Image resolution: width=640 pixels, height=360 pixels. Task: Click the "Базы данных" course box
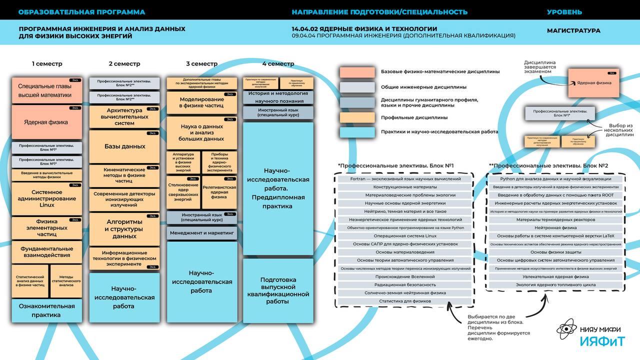[x=124, y=146]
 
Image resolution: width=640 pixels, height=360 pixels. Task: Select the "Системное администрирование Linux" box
[x=46, y=198]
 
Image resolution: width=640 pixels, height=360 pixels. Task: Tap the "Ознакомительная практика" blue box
[x=46, y=310]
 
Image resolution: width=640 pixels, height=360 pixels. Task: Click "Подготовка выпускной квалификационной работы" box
[x=278, y=290]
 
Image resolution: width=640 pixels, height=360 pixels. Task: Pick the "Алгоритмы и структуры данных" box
[x=124, y=229]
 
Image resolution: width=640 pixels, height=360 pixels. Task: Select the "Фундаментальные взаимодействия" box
[x=46, y=252]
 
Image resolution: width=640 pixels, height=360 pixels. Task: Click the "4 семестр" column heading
[x=278, y=64]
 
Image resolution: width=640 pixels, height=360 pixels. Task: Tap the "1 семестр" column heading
[x=47, y=64]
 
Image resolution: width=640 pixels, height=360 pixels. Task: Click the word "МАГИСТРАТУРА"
[x=573, y=30]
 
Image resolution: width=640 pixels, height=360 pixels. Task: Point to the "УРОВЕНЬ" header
[x=564, y=12]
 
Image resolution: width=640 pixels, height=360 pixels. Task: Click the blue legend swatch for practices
[x=357, y=132]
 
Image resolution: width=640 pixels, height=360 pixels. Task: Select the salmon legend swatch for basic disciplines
[x=357, y=72]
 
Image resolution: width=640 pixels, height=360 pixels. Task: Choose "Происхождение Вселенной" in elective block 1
[x=405, y=277]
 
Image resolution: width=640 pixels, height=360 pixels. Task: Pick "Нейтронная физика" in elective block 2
[x=555, y=228]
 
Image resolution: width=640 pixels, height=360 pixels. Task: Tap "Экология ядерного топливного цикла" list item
[x=555, y=285]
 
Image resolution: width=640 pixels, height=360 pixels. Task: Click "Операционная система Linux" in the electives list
[x=405, y=236]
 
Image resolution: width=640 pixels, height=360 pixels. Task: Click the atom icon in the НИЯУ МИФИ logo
[x=567, y=329]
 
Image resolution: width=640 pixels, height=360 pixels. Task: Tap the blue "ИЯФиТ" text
[x=602, y=341]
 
